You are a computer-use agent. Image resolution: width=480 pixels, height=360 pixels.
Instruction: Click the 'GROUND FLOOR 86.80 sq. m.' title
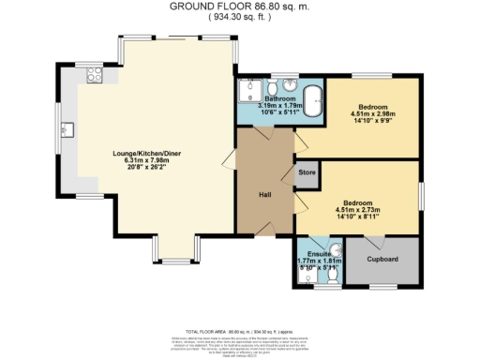coord(240,6)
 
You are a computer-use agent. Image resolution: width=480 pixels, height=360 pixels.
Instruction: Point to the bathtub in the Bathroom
coord(314,98)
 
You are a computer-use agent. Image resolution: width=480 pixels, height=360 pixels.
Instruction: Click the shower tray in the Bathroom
coord(250,90)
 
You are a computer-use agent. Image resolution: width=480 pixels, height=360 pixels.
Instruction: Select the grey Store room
coord(307,172)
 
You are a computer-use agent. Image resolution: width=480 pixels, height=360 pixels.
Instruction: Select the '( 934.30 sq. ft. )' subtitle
coord(240,17)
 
